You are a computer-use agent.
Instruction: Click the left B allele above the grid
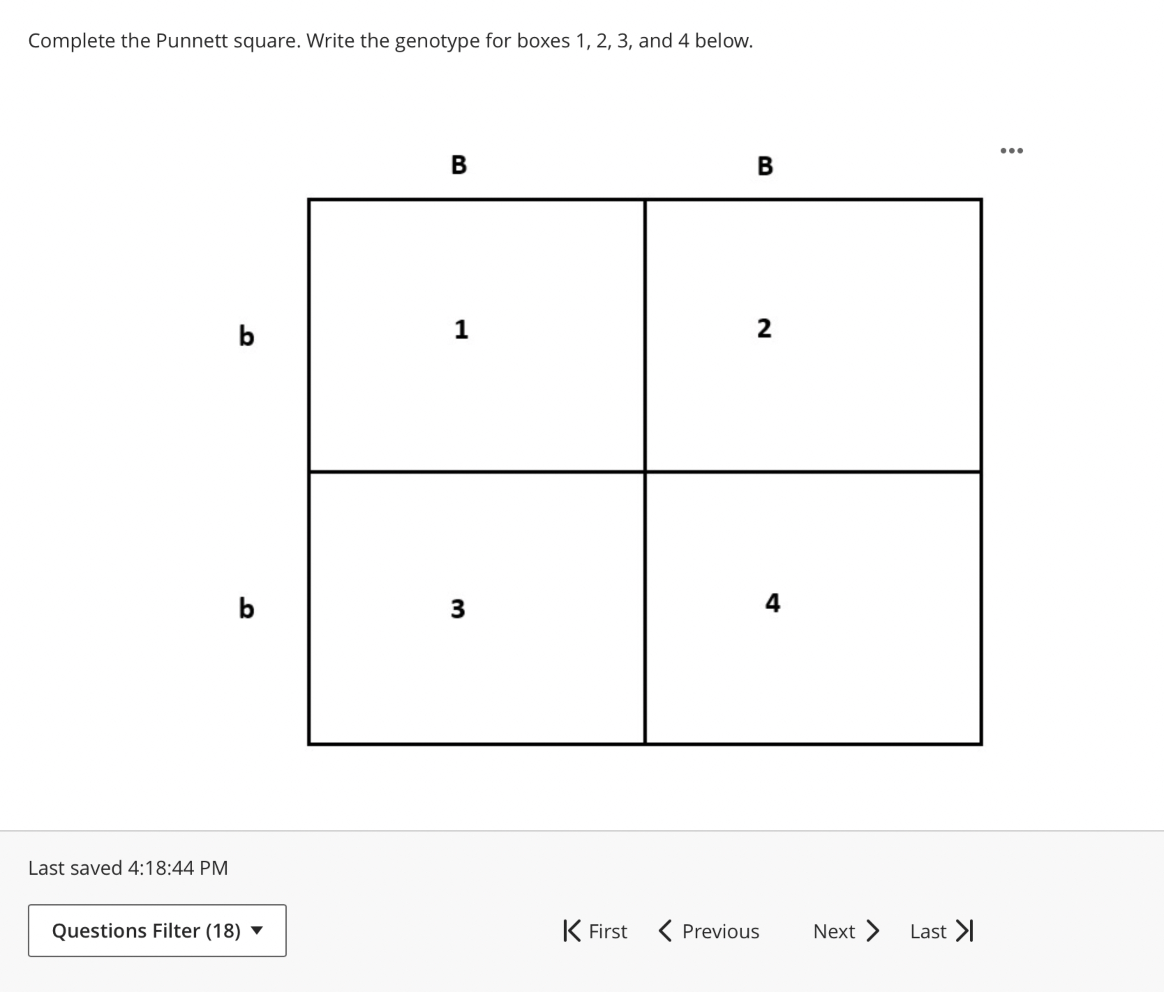pos(459,165)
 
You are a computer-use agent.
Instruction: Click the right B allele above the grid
pos(765,166)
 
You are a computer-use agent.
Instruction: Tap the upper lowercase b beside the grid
pos(247,336)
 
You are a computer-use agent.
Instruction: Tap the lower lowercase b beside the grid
pos(247,608)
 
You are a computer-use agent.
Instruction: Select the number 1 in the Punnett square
pos(461,329)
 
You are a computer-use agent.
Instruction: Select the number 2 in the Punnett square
pos(764,328)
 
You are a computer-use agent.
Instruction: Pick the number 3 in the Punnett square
pos(458,608)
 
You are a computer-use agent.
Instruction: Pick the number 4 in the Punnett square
pos(773,603)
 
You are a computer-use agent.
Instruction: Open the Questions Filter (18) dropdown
pos(157,931)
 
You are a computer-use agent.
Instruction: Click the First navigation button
pos(596,931)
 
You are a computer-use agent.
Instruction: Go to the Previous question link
pos(709,931)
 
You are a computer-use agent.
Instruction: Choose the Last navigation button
pos(941,931)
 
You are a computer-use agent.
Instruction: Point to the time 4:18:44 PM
pos(178,868)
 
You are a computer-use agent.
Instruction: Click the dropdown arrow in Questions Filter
pos(257,930)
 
